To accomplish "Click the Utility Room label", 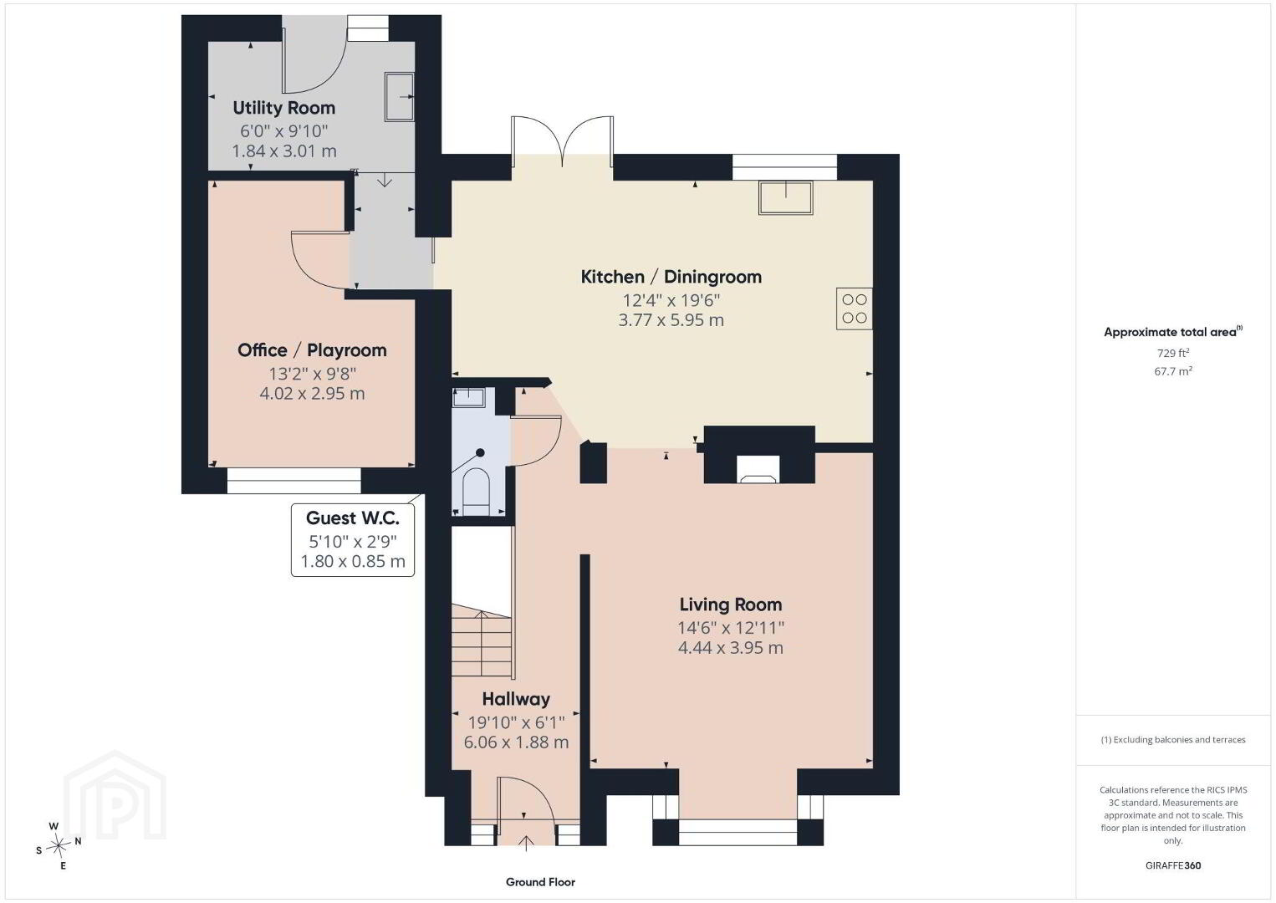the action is point(283,108).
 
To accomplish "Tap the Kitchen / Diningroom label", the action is point(671,277).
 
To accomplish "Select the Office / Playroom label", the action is point(312,349).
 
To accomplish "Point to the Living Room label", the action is point(731,604).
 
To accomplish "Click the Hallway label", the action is point(516,699).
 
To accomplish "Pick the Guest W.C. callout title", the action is point(353,518).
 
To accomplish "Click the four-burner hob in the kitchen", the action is point(855,309).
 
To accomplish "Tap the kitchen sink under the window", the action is point(785,197).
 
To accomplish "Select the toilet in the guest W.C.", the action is point(477,492).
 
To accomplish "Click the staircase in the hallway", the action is point(482,640).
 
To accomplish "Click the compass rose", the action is point(59,845).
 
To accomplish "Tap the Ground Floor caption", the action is point(541,882).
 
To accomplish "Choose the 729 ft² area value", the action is point(1173,353).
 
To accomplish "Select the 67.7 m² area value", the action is point(1173,371).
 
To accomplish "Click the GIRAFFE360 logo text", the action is point(1173,865).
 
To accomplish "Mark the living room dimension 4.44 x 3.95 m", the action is point(731,648).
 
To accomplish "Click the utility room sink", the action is point(400,97).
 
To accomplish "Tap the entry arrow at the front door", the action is point(525,843).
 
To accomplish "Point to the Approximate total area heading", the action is point(1173,332).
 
